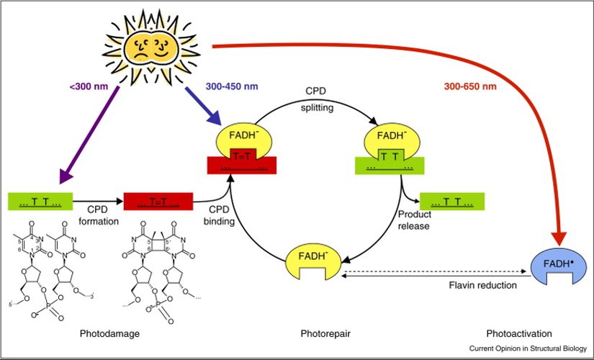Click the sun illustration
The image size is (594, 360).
point(153,45)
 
